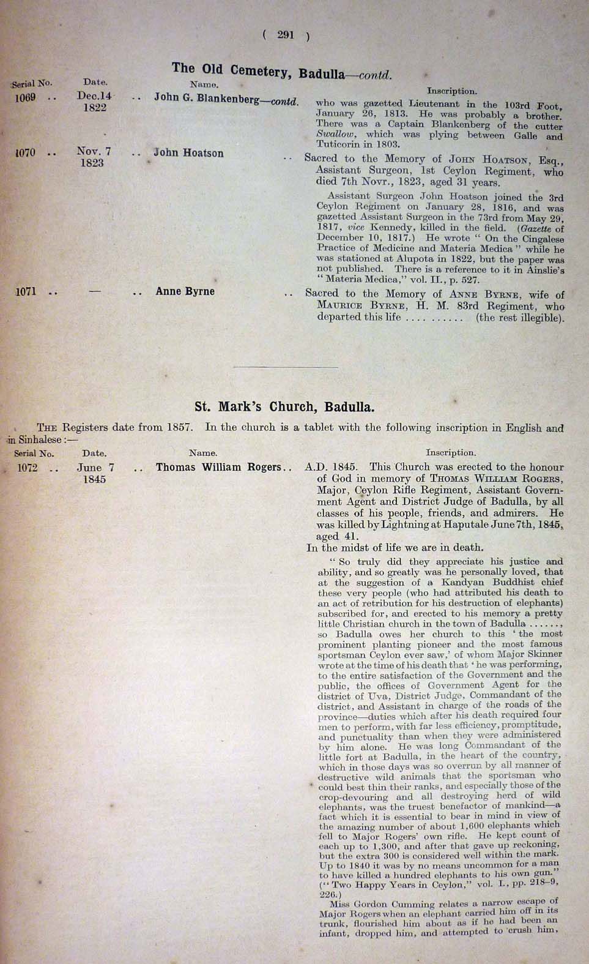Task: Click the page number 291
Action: (286, 35)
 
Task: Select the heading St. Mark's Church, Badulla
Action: (284, 406)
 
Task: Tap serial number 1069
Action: (25, 97)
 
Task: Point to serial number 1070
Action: (25, 152)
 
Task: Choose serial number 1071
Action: (26, 291)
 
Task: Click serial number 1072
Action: (28, 468)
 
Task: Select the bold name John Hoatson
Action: (188, 153)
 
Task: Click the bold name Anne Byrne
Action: (185, 291)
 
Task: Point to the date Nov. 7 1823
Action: (93, 157)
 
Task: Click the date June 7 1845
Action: (95, 473)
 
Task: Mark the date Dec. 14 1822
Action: (94, 102)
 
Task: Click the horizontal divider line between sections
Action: (286, 367)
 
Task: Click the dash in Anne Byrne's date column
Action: (94, 291)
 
